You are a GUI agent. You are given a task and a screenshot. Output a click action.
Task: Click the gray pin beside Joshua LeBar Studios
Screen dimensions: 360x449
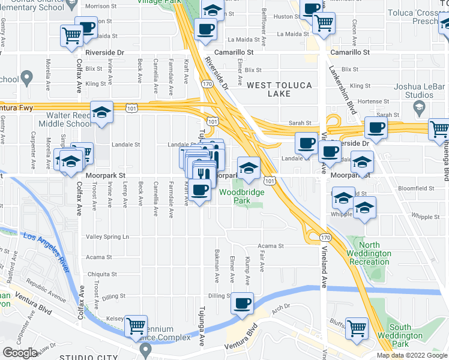pos(420,107)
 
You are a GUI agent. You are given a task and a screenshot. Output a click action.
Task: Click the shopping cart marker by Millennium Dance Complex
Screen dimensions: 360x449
pos(136,326)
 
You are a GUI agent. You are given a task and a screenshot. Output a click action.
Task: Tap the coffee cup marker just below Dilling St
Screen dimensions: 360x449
pos(242,303)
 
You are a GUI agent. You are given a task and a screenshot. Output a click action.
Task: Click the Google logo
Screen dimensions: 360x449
pos(20,352)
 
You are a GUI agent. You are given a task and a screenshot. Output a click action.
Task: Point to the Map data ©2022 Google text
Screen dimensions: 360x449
pos(412,355)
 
